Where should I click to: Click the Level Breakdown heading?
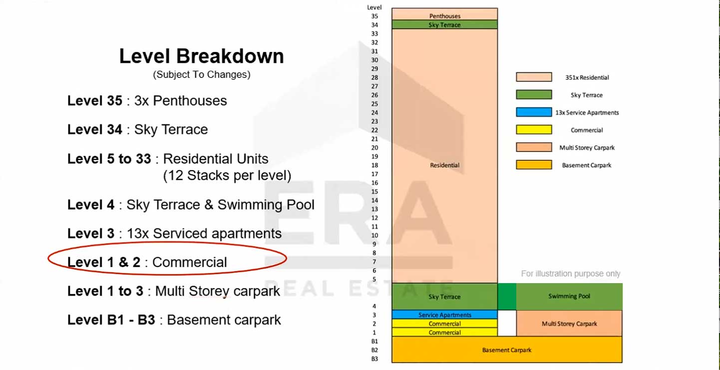(x=202, y=56)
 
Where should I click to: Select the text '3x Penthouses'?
(x=180, y=101)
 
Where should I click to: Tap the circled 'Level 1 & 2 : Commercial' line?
(x=147, y=262)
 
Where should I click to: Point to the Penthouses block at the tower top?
(x=444, y=14)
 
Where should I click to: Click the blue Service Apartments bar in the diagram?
(x=444, y=315)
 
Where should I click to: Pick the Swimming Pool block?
(x=569, y=297)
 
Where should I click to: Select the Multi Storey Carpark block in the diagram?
(x=569, y=324)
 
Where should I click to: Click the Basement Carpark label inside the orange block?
(x=507, y=350)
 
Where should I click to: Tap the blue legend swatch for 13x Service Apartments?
(x=534, y=112)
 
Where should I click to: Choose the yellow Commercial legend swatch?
(x=534, y=129)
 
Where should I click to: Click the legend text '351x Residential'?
(x=587, y=77)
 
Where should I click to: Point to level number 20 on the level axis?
(x=374, y=148)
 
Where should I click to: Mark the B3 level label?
(x=374, y=359)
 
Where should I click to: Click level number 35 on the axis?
(x=374, y=16)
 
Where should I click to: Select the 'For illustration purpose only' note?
(x=571, y=274)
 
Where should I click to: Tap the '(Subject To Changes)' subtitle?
(x=202, y=74)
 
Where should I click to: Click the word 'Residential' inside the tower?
(x=444, y=165)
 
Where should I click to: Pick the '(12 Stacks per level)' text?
(x=227, y=176)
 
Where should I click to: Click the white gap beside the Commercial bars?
(x=507, y=324)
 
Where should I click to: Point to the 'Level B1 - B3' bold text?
(x=111, y=320)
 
